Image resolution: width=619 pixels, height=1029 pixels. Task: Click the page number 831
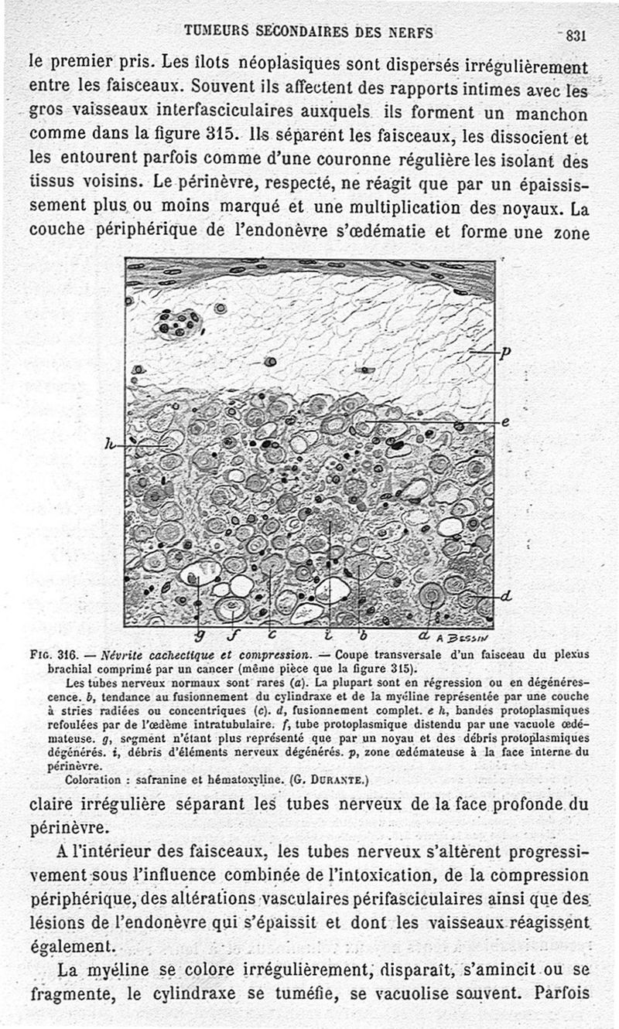click(x=577, y=34)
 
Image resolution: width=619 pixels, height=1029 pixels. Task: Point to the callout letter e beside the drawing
click(x=504, y=421)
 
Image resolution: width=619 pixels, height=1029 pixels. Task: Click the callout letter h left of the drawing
click(x=110, y=445)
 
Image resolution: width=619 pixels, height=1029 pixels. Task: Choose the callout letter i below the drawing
click(x=330, y=635)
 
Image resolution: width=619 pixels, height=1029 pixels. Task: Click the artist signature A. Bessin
click(x=462, y=638)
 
